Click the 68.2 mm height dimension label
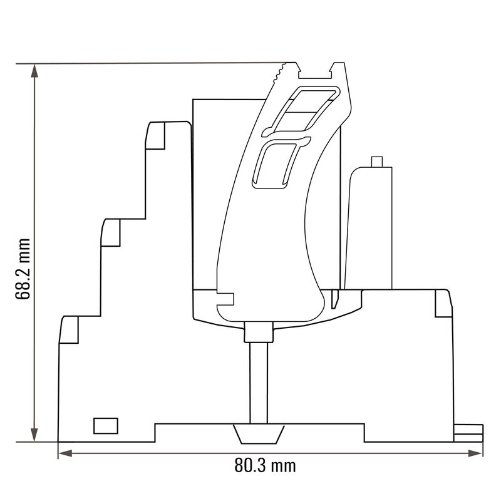tap(24, 269)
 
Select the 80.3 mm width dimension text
tap(265, 465)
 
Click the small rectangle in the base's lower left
tap(106, 425)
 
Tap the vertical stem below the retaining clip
tap(258, 382)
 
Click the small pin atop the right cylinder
tap(377, 162)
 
